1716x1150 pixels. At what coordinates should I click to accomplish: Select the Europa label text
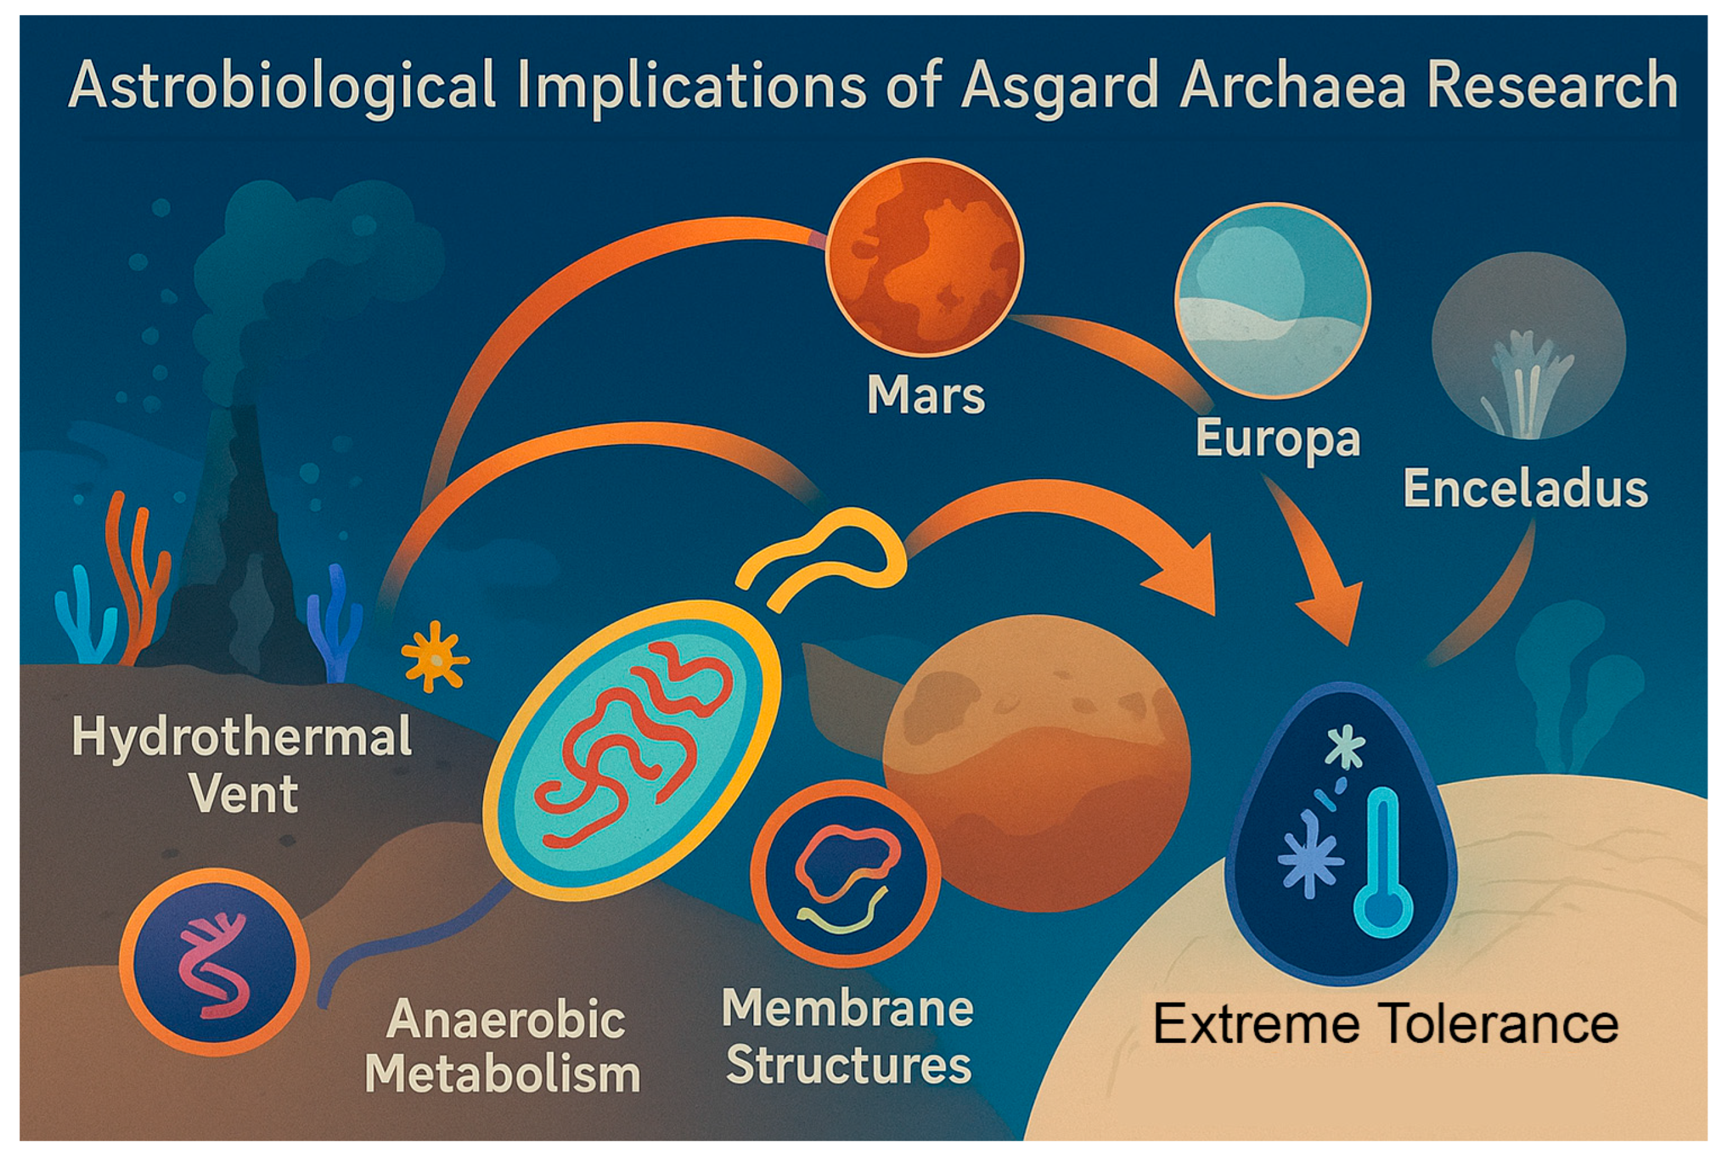coord(1277,439)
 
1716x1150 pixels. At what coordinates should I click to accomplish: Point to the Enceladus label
coord(1525,489)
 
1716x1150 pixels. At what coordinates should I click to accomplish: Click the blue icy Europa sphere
coord(1272,301)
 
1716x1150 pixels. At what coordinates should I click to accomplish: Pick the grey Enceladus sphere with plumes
coord(1529,346)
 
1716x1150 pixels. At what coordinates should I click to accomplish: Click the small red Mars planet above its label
coord(924,257)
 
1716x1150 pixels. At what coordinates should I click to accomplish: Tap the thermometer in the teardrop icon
coord(1383,865)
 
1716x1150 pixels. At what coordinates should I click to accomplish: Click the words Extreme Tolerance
coord(1385,1024)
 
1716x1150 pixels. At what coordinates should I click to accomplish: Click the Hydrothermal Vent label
coord(242,765)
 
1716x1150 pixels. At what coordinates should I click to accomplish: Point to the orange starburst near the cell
coord(436,656)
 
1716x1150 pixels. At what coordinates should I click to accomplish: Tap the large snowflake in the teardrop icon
coord(1310,855)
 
